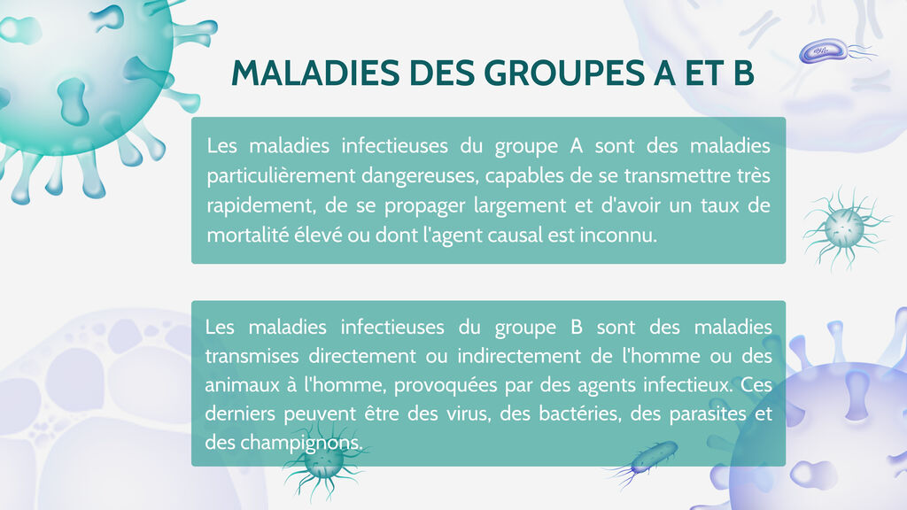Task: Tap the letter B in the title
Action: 743,73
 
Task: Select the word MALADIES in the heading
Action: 315,73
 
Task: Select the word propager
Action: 424,205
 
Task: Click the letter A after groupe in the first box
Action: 576,146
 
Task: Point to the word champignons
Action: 301,444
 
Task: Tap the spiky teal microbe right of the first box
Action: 844,228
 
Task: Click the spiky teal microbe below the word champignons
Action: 324,462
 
